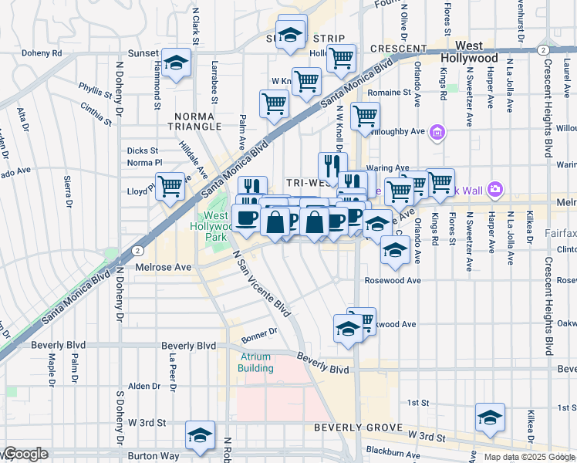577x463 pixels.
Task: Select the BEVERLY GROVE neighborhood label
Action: click(x=358, y=428)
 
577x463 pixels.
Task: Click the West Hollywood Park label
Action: click(x=212, y=226)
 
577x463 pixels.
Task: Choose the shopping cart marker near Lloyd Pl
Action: click(x=170, y=185)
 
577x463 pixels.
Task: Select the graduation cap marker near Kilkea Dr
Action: click(x=490, y=417)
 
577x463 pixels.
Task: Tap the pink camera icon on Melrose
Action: click(x=494, y=189)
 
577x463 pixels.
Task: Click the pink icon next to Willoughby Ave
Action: click(x=437, y=132)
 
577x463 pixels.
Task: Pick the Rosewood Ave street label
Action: click(x=393, y=281)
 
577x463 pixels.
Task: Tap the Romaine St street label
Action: click(x=389, y=93)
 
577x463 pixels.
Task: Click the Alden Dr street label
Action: click(x=144, y=386)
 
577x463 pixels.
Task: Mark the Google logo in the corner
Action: click(x=25, y=455)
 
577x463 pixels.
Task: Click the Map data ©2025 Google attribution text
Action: click(x=528, y=457)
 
